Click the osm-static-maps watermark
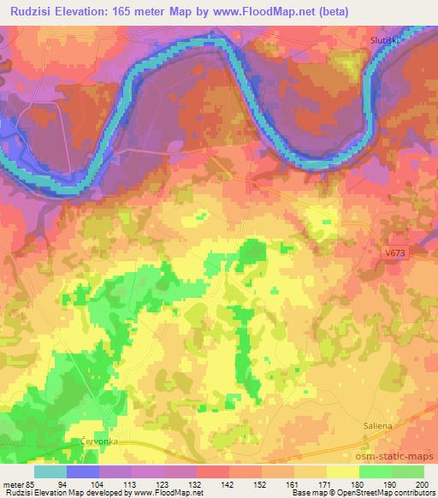click(400, 458)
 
